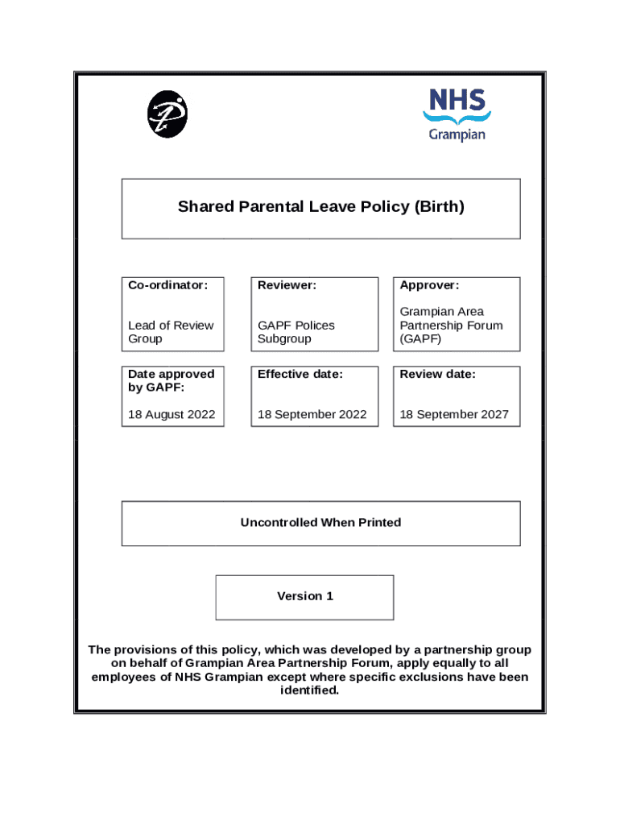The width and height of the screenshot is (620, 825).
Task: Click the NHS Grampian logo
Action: point(457,114)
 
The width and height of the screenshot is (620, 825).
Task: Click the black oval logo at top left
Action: point(167,114)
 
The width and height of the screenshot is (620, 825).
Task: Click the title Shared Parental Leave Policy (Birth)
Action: point(320,207)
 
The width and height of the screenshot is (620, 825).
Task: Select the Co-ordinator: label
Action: point(167,285)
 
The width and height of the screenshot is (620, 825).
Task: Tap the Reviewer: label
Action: point(287,285)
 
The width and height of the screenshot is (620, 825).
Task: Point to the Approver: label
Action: point(429,285)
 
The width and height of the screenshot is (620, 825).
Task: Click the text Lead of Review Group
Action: point(171,332)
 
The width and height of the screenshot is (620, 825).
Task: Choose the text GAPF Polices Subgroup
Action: point(296,332)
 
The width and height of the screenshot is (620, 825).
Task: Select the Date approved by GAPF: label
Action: point(171,380)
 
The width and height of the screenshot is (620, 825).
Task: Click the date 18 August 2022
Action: point(172,414)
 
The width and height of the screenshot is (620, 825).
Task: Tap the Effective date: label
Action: point(300,374)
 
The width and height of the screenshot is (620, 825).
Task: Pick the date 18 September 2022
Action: point(312,414)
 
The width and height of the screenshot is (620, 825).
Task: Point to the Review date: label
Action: point(437,374)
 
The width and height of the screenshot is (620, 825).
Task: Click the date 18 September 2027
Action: point(454,414)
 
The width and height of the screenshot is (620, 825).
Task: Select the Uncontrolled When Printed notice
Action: point(320,523)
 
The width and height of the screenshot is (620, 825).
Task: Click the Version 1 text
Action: point(305,596)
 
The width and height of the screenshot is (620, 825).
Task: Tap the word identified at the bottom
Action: point(309,690)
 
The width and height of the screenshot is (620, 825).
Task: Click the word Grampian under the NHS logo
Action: point(457,134)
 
